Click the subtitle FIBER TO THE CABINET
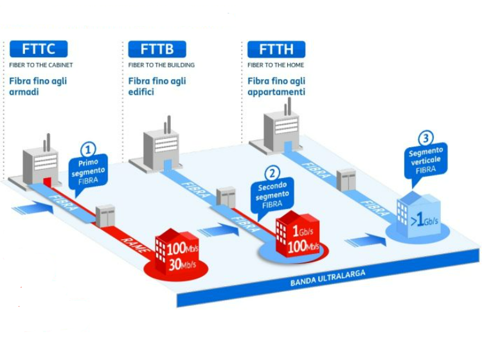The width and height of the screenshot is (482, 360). (x=41, y=65)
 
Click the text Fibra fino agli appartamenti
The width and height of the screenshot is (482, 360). (x=276, y=87)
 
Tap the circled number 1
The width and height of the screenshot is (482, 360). (x=88, y=147)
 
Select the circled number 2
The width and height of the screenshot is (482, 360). (x=273, y=172)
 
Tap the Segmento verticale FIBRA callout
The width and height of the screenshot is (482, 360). (x=425, y=161)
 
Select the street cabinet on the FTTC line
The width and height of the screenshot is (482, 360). (x=105, y=215)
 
